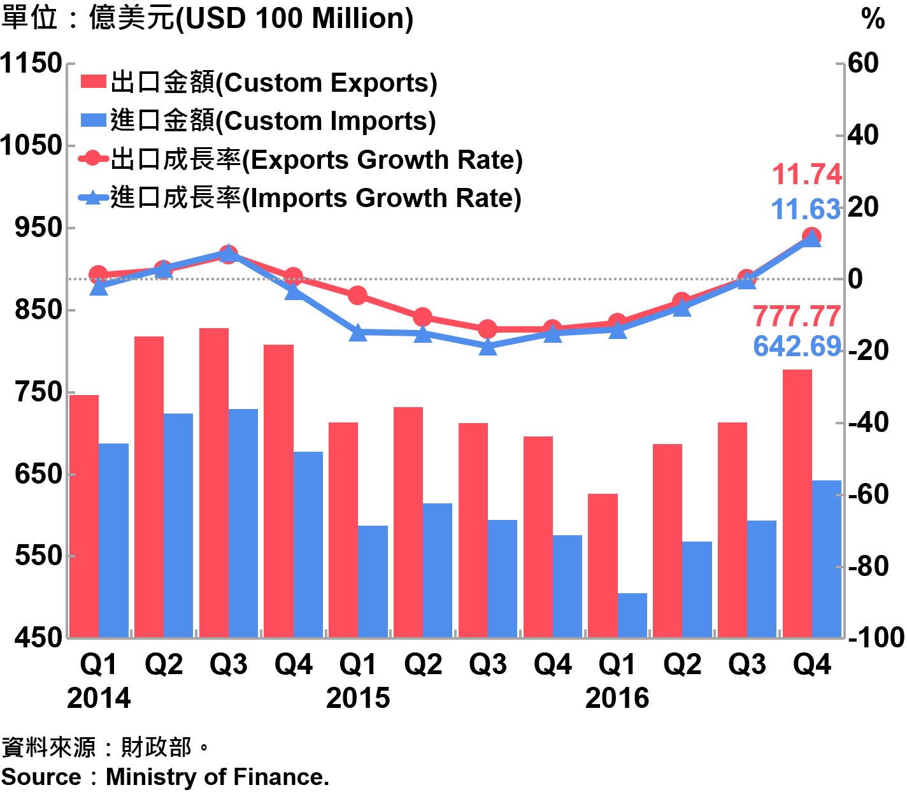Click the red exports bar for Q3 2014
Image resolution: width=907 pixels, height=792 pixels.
tap(213, 482)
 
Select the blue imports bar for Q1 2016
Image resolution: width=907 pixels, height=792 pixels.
tap(632, 615)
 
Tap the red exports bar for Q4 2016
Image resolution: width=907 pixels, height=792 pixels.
tap(797, 503)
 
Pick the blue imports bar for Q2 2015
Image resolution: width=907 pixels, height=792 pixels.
tap(438, 570)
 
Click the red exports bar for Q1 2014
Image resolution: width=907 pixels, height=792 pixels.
tap(84, 515)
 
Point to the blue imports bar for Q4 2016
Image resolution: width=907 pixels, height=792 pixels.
tap(827, 558)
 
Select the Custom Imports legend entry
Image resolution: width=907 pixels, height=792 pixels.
tap(259, 121)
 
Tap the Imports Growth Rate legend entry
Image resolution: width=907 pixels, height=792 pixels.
tap(300, 198)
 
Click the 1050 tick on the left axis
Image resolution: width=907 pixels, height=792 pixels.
tap(31, 145)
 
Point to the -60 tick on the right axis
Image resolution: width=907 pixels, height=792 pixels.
tap(869, 494)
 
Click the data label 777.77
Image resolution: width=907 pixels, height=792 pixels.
tap(797, 317)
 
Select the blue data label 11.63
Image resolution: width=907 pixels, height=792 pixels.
tap(806, 210)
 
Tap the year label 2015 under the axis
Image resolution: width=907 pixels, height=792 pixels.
tap(358, 698)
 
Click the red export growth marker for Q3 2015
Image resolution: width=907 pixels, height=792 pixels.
tap(487, 329)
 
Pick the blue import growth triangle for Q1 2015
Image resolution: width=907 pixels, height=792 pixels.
tap(358, 332)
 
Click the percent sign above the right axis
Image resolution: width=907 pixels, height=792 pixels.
tap(873, 19)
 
